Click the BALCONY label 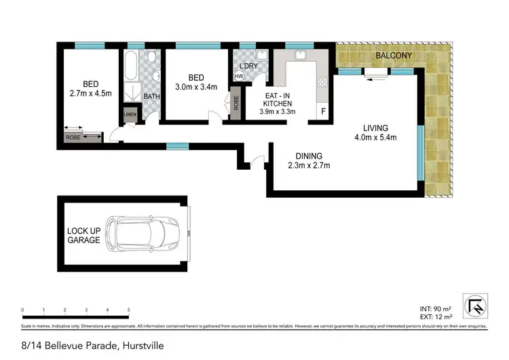pos(394,55)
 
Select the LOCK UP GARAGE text pos(83,236)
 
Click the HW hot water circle pos(239,77)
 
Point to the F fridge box pos(323,111)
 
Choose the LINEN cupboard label pos(130,115)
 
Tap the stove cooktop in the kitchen pos(323,83)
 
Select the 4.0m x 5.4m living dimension pos(375,138)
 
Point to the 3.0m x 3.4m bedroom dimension pos(193,87)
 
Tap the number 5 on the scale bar pos(128,310)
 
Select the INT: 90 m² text pos(437,309)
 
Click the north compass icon pos(479,305)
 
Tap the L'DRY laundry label pos(250,66)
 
